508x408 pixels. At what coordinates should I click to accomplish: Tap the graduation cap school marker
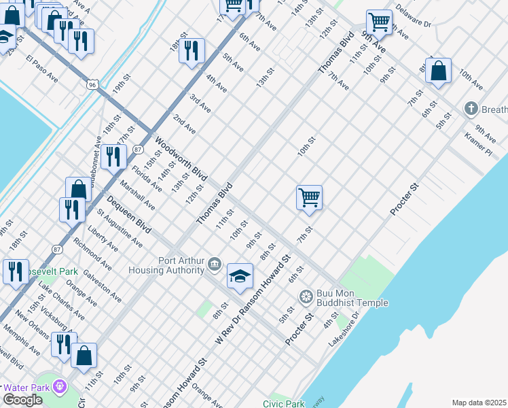pyautogui.click(x=239, y=275)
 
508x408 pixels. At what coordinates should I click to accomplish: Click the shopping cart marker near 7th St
pyautogui.click(x=309, y=198)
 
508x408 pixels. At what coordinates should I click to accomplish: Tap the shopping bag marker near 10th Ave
pyautogui.click(x=439, y=71)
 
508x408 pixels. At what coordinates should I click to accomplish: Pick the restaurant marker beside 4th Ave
pyautogui.click(x=192, y=50)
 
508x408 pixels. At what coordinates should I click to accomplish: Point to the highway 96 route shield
pyautogui.click(x=92, y=84)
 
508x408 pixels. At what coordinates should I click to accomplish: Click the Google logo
pyautogui.click(x=22, y=400)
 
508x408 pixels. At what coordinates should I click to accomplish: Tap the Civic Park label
pyautogui.click(x=283, y=403)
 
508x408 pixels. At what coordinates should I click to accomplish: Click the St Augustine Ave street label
pyautogui.click(x=120, y=228)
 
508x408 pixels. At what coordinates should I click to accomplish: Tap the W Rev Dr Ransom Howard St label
pyautogui.click(x=253, y=299)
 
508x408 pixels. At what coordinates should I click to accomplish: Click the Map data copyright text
pyautogui.click(x=479, y=403)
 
